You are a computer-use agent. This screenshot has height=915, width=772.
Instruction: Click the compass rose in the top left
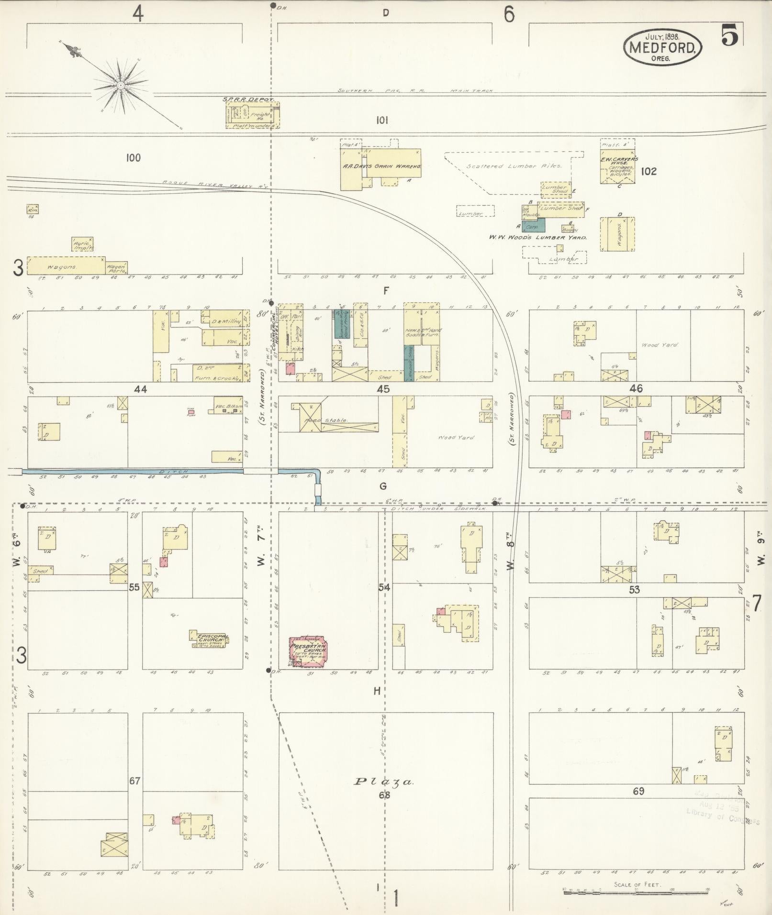(121, 86)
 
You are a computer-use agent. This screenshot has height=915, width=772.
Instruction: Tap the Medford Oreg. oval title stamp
(662, 47)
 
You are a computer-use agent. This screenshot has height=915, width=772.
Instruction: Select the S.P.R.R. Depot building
(253, 115)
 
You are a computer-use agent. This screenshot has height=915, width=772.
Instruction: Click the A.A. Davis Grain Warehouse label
(381, 166)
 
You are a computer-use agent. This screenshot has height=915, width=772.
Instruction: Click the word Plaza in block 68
(383, 782)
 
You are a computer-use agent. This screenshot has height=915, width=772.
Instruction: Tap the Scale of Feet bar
(637, 890)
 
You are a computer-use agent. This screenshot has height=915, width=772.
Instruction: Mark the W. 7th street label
(261, 555)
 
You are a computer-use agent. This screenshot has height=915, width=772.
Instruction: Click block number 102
(649, 171)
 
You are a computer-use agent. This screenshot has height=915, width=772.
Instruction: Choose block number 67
(135, 781)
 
